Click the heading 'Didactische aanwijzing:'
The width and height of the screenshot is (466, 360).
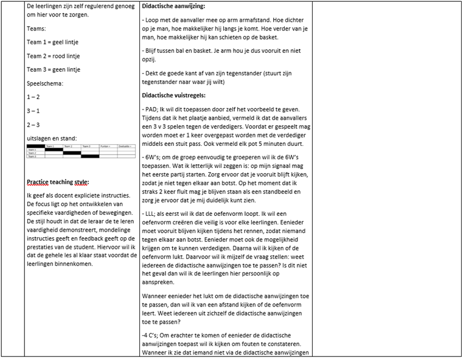(173, 7)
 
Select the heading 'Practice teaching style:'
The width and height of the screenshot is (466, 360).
(58, 182)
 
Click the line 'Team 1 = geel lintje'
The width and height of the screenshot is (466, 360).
(53, 42)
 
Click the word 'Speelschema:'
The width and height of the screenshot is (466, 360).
(45, 84)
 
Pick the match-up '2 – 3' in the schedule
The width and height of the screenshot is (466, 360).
(35, 125)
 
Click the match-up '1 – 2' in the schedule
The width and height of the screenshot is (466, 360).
(35, 97)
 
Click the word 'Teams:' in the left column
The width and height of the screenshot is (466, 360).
(38, 29)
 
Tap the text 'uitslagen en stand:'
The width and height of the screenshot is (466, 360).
(52, 139)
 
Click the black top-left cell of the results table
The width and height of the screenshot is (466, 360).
(36, 146)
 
